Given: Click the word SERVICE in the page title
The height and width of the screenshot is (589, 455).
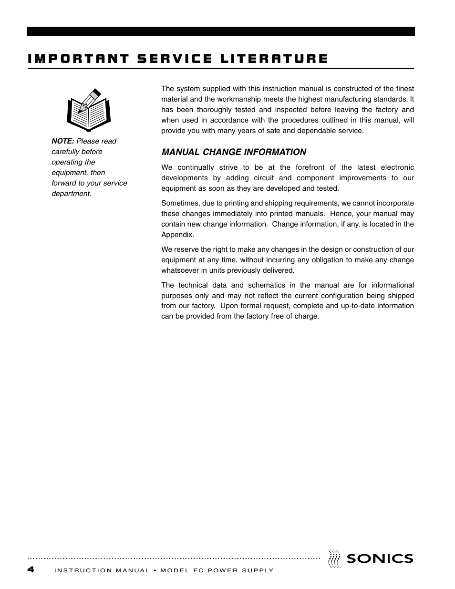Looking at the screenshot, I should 175,59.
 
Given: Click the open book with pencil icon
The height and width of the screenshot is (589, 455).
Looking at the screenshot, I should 89,109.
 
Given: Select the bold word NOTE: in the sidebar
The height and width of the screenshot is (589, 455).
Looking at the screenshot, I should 63,141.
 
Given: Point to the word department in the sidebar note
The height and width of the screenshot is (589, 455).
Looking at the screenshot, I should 71,194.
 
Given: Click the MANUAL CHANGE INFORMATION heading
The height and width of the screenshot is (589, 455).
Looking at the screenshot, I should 234,152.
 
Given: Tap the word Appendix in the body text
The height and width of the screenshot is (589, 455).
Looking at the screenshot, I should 177,235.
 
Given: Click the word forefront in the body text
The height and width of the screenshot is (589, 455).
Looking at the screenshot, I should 310,167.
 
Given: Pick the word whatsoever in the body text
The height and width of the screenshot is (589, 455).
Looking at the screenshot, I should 179,270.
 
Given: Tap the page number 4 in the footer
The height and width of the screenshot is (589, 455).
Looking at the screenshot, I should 31,569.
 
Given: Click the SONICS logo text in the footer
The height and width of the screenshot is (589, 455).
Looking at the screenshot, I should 380,558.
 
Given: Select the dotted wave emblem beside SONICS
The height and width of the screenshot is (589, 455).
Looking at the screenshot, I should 334,558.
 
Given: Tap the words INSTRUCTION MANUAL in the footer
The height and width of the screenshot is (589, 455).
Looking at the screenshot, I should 102,571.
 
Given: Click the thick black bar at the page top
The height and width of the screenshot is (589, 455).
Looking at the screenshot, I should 220,31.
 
